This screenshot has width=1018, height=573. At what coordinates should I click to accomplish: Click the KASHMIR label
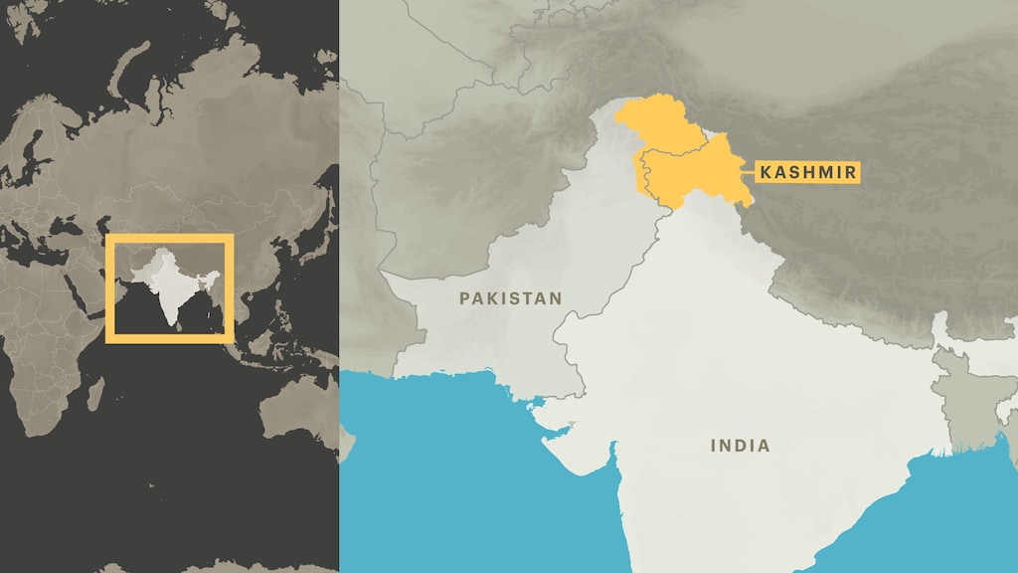coord(806,172)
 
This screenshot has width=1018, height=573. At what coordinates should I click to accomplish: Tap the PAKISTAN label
coord(511,297)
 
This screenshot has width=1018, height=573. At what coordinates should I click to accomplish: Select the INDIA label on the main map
coord(740,446)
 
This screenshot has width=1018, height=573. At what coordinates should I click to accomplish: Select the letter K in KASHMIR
coord(765,172)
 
